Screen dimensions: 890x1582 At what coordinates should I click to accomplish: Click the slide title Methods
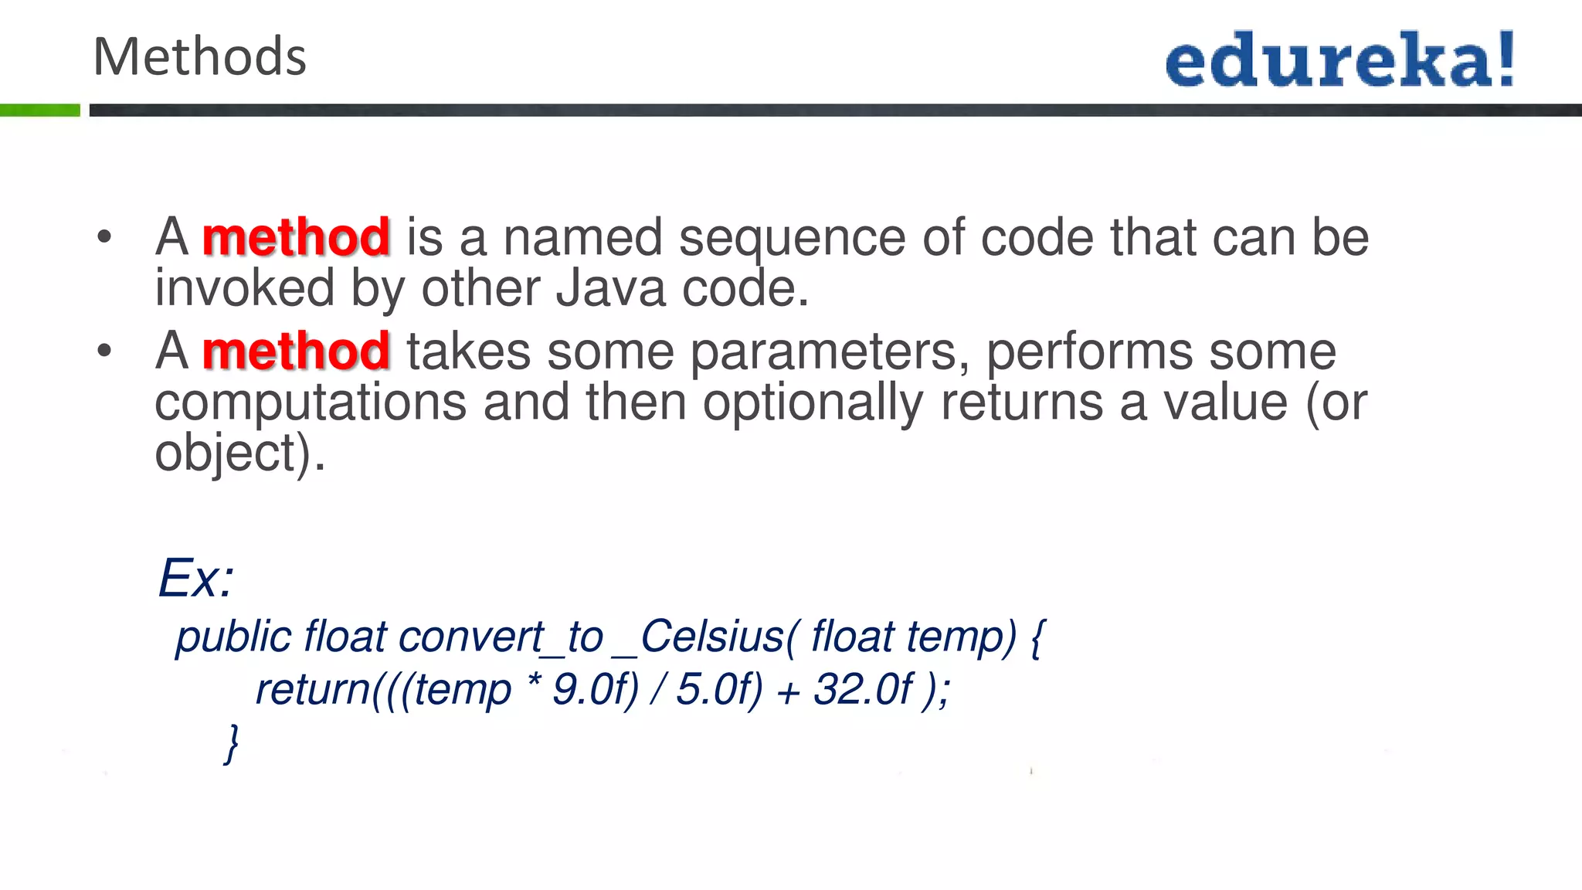click(x=199, y=57)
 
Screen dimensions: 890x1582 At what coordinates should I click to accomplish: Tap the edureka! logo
click(x=1340, y=60)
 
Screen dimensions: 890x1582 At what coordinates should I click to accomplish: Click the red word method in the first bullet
click(x=296, y=237)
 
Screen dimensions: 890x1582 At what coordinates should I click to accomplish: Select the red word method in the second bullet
click(x=296, y=352)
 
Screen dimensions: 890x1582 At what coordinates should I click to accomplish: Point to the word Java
click(x=610, y=288)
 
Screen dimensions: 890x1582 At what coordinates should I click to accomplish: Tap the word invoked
click(x=244, y=288)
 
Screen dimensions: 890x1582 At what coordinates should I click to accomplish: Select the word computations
click(x=311, y=403)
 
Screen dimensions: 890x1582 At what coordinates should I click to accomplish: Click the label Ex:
click(x=196, y=578)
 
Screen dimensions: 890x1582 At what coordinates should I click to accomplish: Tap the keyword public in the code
click(x=233, y=638)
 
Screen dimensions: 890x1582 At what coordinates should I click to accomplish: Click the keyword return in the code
click(x=313, y=690)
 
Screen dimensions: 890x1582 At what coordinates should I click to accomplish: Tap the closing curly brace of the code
click(x=231, y=743)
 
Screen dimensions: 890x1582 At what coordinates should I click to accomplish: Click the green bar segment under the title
click(x=39, y=110)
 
